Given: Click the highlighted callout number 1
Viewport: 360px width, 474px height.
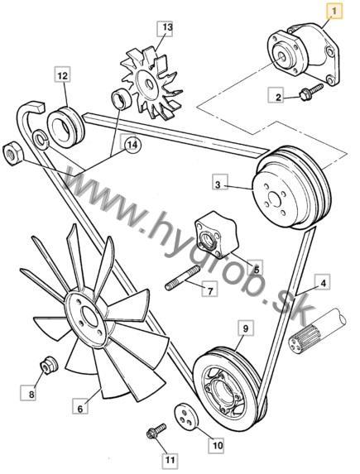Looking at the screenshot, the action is [334, 12].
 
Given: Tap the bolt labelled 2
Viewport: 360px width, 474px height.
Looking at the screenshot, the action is [311, 92].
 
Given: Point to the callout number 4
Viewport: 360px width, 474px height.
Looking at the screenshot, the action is [323, 282].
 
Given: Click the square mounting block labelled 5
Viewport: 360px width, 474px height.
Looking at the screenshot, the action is [216, 235].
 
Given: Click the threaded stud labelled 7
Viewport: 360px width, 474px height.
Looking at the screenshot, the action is [183, 277].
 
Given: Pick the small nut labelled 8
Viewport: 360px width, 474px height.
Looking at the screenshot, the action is [49, 365].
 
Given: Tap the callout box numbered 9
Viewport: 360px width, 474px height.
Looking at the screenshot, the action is [245, 328].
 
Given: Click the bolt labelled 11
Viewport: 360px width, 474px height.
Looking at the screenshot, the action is [156, 431].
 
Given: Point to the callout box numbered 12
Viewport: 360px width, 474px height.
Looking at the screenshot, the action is [63, 75].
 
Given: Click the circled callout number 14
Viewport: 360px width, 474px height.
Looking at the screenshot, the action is [132, 145].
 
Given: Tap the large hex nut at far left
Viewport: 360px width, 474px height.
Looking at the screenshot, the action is [12, 153].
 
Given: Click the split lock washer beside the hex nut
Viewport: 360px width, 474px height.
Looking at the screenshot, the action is [41, 139].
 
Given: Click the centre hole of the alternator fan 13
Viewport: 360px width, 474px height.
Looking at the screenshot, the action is [149, 84].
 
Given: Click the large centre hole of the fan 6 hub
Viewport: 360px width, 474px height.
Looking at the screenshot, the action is [89, 318].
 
